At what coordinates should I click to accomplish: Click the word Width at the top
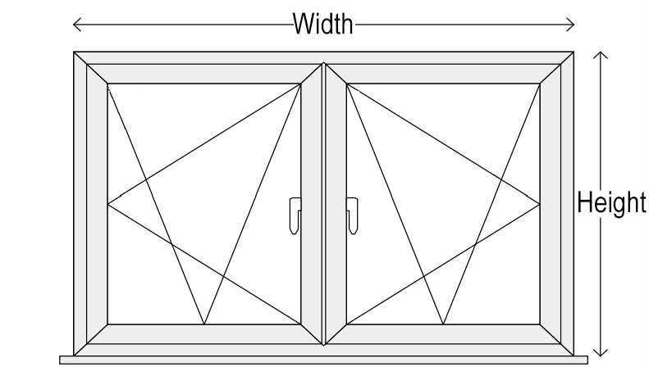(324, 25)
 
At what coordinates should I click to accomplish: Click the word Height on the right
(612, 202)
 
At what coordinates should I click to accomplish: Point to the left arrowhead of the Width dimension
(75, 25)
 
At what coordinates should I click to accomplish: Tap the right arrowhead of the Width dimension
(574, 25)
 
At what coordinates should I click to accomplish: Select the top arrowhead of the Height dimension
(602, 55)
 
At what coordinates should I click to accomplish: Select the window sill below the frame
(325, 359)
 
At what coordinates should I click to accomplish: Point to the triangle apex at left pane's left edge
(108, 202)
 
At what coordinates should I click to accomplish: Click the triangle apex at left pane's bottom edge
(204, 324)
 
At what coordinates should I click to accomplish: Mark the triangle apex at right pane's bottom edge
(444, 324)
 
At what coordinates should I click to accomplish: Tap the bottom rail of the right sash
(444, 333)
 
